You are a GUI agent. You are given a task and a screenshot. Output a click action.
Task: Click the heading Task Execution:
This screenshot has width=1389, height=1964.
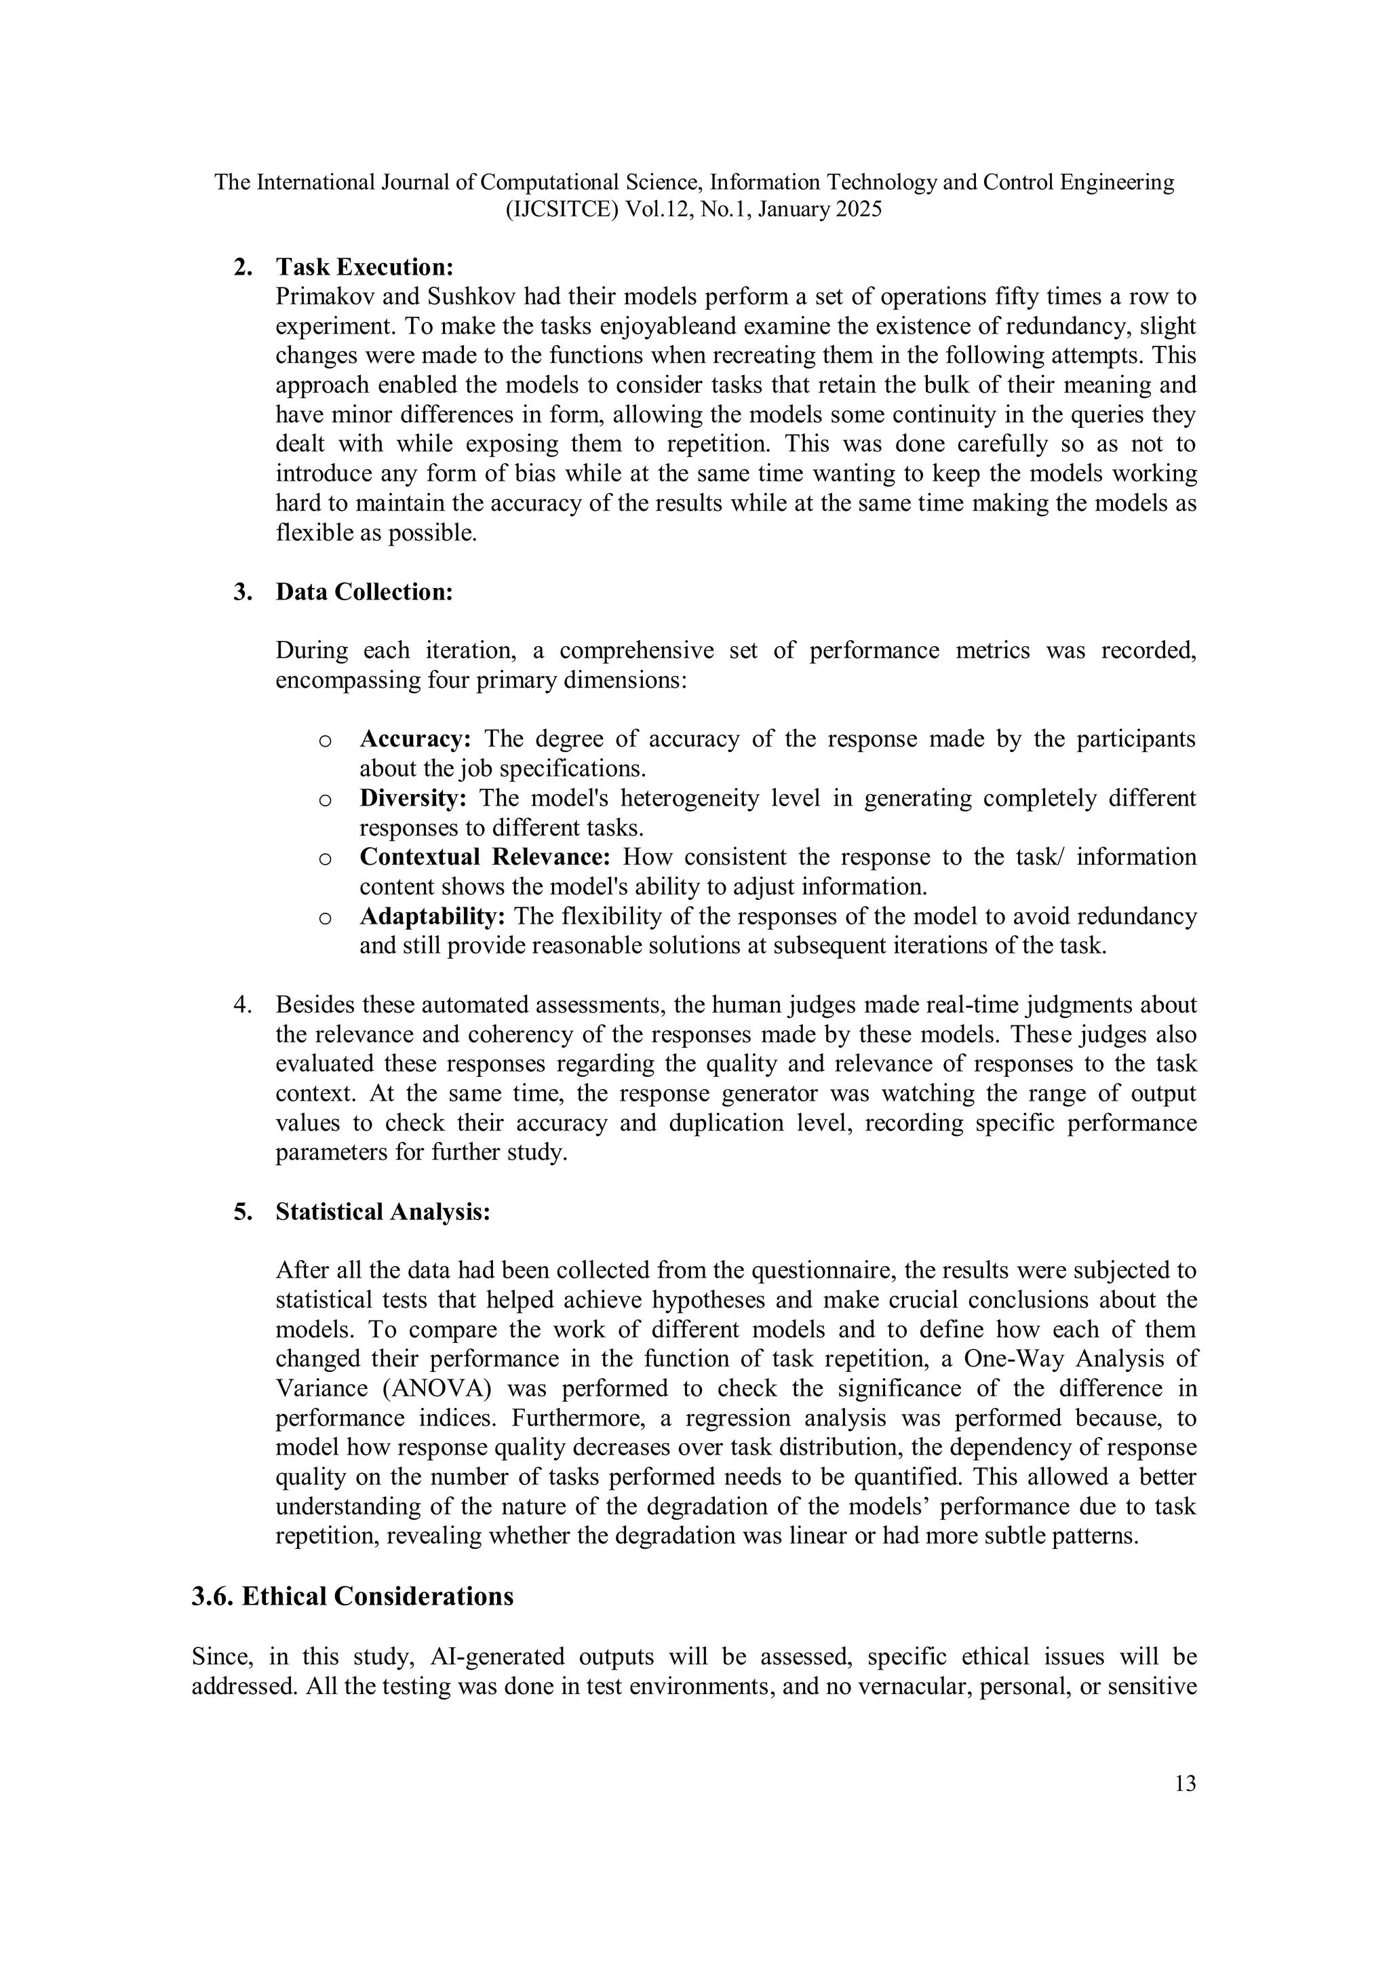click(364, 267)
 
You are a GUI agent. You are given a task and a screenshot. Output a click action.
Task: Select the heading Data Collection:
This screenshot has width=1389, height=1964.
click(364, 592)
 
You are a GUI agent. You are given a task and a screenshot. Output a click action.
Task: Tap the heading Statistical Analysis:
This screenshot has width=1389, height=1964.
click(383, 1212)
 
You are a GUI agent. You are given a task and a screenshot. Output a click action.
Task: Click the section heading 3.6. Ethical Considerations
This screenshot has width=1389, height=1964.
click(353, 1597)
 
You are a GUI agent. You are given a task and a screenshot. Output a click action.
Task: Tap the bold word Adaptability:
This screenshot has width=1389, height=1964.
click(432, 916)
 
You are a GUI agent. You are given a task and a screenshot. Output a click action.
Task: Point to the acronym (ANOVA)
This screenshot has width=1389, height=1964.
click(429, 1388)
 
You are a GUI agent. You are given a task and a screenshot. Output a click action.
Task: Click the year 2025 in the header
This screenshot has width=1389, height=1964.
click(858, 210)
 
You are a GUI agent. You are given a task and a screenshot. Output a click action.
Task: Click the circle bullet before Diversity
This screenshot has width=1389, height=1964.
click(325, 800)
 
